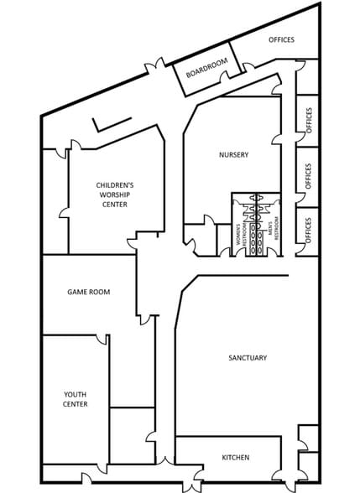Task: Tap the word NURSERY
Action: pyautogui.click(x=234, y=153)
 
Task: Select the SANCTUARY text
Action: pyautogui.click(x=248, y=358)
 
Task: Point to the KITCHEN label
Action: pyautogui.click(x=235, y=457)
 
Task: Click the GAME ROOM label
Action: pyautogui.click(x=89, y=292)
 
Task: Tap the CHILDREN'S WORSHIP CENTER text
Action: pyautogui.click(x=114, y=194)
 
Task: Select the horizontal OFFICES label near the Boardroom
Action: pyautogui.click(x=282, y=39)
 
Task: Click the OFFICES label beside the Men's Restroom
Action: pyautogui.click(x=309, y=230)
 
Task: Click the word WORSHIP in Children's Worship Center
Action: pyautogui.click(x=114, y=194)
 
